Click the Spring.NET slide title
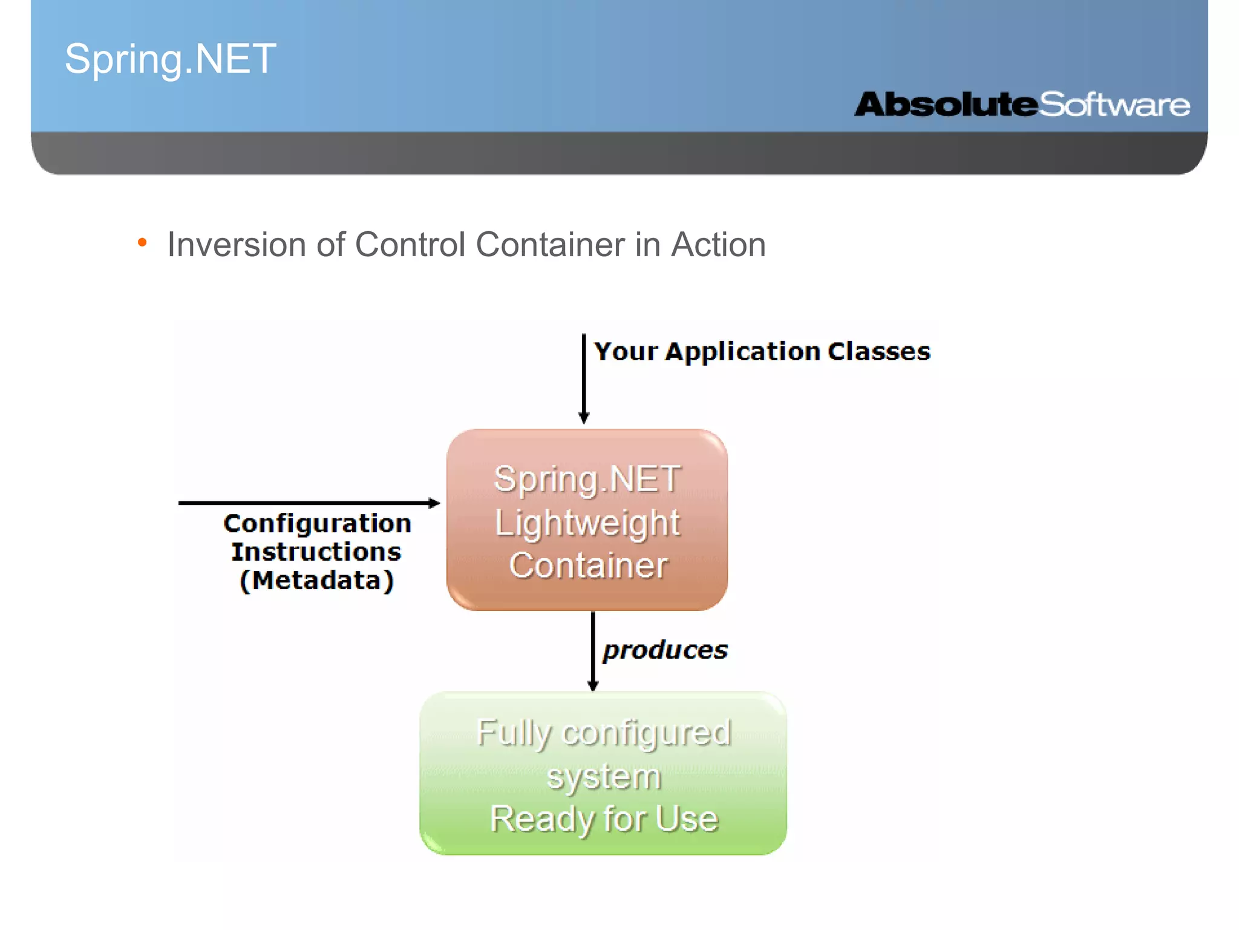(170, 59)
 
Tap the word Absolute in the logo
(946, 104)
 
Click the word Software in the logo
(1114, 105)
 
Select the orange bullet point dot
(142, 243)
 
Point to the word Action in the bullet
(718, 245)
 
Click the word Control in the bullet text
(410, 245)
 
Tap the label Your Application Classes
(762, 351)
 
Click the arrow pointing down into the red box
(584, 378)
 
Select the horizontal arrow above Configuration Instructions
(309, 503)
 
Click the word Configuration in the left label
(317, 523)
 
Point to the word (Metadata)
(317, 580)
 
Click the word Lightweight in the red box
(587, 523)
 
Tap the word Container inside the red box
(588, 566)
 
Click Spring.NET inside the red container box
(587, 479)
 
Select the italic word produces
(665, 650)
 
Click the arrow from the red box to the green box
(593, 651)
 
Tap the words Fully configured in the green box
(603, 733)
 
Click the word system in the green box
(603, 776)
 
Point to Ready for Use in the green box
(603, 819)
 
